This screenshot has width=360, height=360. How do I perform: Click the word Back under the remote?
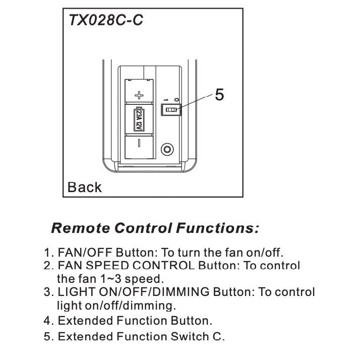coord(84,188)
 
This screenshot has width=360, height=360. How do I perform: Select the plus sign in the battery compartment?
coord(140,94)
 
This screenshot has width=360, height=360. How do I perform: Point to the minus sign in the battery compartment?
coord(140,143)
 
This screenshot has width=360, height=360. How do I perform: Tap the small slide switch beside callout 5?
coord(171,109)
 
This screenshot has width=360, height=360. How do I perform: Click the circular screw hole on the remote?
coord(167,150)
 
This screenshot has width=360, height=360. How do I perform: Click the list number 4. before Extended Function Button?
coord(48,321)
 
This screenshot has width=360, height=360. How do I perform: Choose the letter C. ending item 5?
coord(218,336)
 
